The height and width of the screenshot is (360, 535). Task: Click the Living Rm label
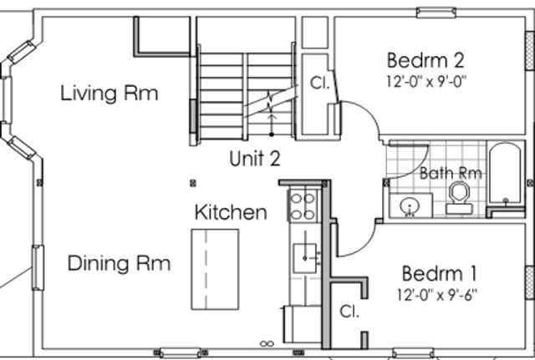click(110, 93)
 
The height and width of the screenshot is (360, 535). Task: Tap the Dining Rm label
click(119, 263)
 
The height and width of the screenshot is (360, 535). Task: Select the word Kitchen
click(231, 211)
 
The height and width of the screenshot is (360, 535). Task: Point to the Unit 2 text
click(255, 159)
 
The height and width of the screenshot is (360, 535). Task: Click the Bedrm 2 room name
click(425, 60)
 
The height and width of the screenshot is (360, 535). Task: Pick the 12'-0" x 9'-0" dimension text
click(426, 82)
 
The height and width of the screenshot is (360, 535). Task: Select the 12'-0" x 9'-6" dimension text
click(437, 295)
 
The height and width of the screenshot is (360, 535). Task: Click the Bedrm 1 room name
click(439, 273)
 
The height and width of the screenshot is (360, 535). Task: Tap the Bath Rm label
click(451, 173)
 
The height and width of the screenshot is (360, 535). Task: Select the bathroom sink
click(410, 205)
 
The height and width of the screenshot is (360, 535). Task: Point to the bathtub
click(505, 175)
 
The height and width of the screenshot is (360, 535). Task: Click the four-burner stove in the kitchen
click(303, 205)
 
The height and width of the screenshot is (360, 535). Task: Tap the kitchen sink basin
click(304, 258)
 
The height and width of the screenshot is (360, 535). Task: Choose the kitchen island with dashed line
click(215, 269)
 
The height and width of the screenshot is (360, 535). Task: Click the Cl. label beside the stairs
click(320, 83)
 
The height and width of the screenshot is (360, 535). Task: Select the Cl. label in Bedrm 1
click(349, 312)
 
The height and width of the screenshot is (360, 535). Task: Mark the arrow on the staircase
click(272, 124)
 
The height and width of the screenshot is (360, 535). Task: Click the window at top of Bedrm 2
click(436, 13)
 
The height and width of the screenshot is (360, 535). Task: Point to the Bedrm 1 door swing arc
click(364, 246)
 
